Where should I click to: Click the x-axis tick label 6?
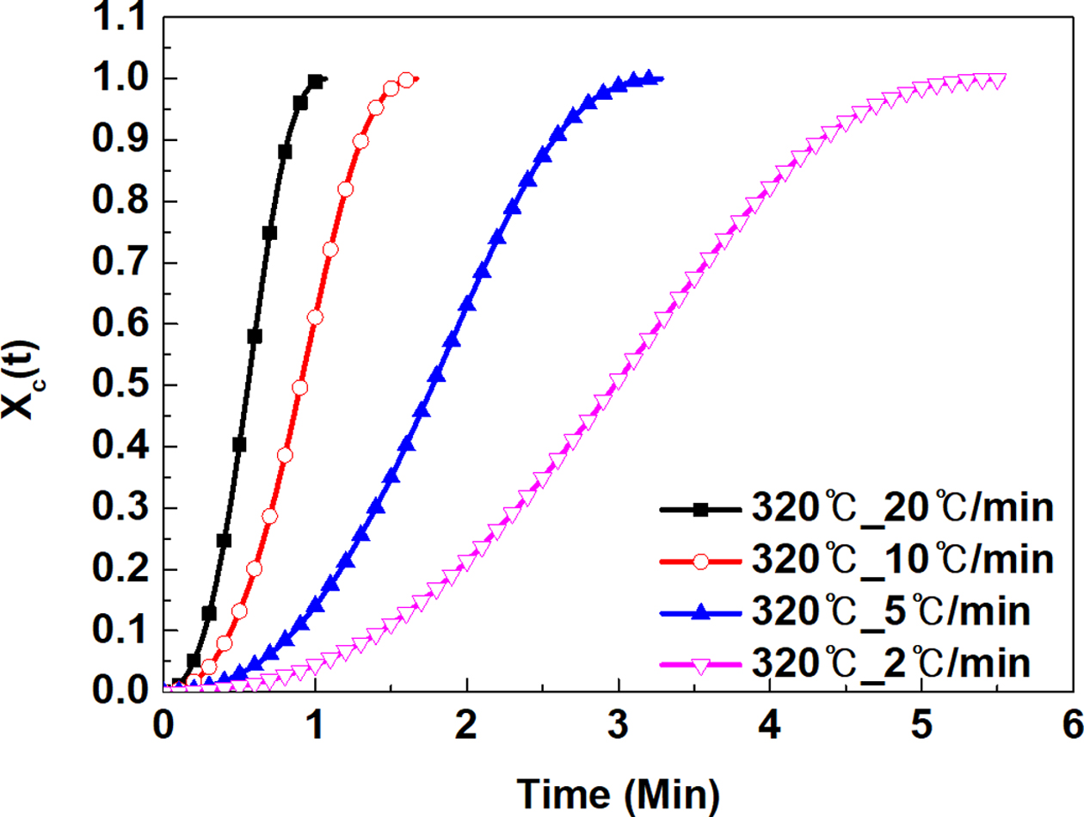[1072, 723]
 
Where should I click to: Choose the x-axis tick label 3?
[618, 723]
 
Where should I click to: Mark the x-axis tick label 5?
[921, 723]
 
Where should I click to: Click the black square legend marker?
[700, 510]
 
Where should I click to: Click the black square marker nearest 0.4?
[239, 445]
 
